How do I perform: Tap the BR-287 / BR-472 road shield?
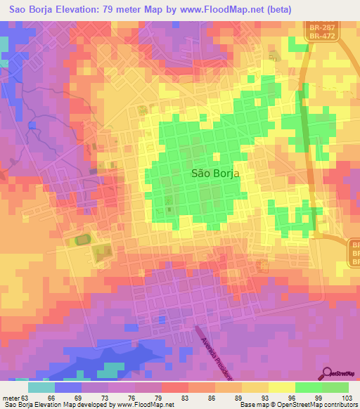coord(323,32)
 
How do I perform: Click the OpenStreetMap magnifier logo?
coord(328,373)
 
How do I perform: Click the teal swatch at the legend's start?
coord(41,387)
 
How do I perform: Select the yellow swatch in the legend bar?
coord(281,387)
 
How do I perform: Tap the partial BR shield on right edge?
coord(354,252)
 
